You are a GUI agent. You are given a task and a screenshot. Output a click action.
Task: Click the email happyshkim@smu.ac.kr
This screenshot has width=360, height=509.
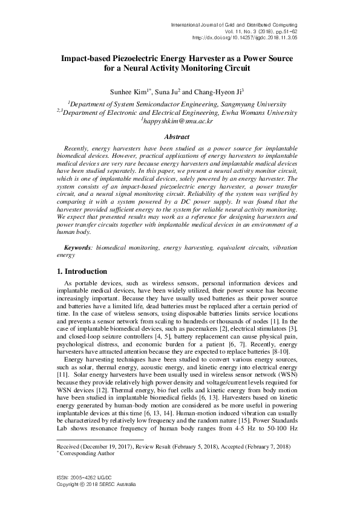coord(180,120)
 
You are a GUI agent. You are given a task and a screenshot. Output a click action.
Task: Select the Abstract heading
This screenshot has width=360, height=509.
coord(180,137)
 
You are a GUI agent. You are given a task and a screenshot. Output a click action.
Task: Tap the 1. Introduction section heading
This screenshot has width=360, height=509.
coord(77,271)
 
